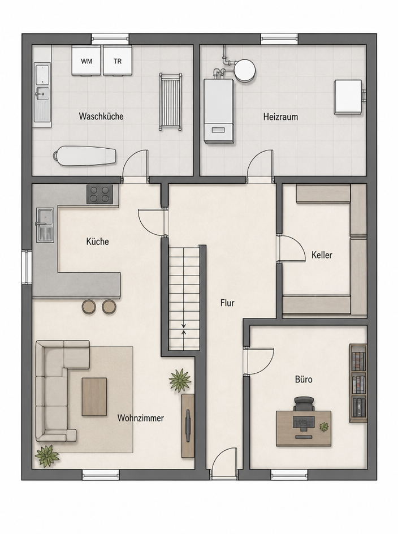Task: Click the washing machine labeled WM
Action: pyautogui.click(x=87, y=61)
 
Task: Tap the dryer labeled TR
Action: pyautogui.click(x=118, y=61)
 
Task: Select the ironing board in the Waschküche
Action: pyautogui.click(x=84, y=156)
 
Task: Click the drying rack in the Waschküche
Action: pyautogui.click(x=170, y=101)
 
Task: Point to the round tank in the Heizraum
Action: pyautogui.click(x=244, y=70)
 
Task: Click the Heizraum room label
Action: pyautogui.click(x=280, y=117)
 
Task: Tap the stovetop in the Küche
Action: pyautogui.click(x=99, y=195)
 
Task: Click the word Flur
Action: pyautogui.click(x=227, y=303)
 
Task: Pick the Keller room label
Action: pyautogui.click(x=322, y=255)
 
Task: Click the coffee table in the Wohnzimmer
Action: pyautogui.click(x=94, y=397)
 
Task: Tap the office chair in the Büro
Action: pyautogui.click(x=304, y=404)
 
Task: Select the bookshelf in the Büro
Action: pyautogui.click(x=358, y=383)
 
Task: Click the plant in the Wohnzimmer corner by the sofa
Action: pyautogui.click(x=47, y=456)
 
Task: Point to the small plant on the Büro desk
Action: pyautogui.click(x=324, y=427)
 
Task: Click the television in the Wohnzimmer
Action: pyautogui.click(x=188, y=421)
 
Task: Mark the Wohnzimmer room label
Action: pyautogui.click(x=141, y=418)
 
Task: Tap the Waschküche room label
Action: pyautogui.click(x=101, y=116)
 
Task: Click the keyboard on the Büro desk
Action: pyautogui.click(x=303, y=423)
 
